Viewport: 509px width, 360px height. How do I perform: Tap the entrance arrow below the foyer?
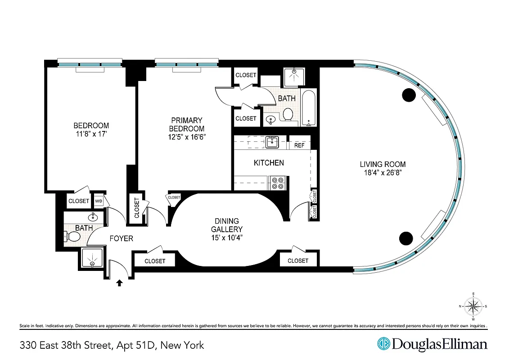pyautogui.click(x=120, y=283)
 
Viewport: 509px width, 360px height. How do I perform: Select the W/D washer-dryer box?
pyautogui.click(x=99, y=201)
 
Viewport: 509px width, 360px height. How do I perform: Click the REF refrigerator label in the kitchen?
pyautogui.click(x=300, y=145)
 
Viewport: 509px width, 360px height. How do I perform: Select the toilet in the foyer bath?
pyautogui.click(x=72, y=236)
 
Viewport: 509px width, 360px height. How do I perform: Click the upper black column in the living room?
pyautogui.click(x=408, y=94)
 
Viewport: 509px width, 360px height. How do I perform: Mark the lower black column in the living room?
pyautogui.click(x=406, y=238)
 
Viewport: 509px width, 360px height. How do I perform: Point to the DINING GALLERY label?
pyautogui.click(x=227, y=225)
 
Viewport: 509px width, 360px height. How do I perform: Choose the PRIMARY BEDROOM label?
pyautogui.click(x=187, y=124)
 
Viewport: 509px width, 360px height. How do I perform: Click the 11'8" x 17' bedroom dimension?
pyautogui.click(x=91, y=134)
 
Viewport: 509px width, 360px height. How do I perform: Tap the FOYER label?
pyautogui.click(x=122, y=238)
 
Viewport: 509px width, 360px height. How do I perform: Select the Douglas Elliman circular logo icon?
pyautogui.click(x=383, y=344)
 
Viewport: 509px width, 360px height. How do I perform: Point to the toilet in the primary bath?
pyautogui.click(x=288, y=115)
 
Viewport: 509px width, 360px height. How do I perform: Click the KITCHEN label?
pyautogui.click(x=269, y=163)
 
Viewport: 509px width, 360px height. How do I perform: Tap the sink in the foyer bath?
pyautogui.click(x=93, y=217)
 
